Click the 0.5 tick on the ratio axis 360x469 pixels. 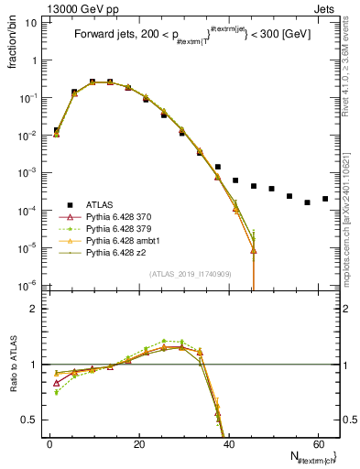(31, 420)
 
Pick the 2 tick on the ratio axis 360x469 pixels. (35, 309)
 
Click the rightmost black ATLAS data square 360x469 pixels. (325, 199)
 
